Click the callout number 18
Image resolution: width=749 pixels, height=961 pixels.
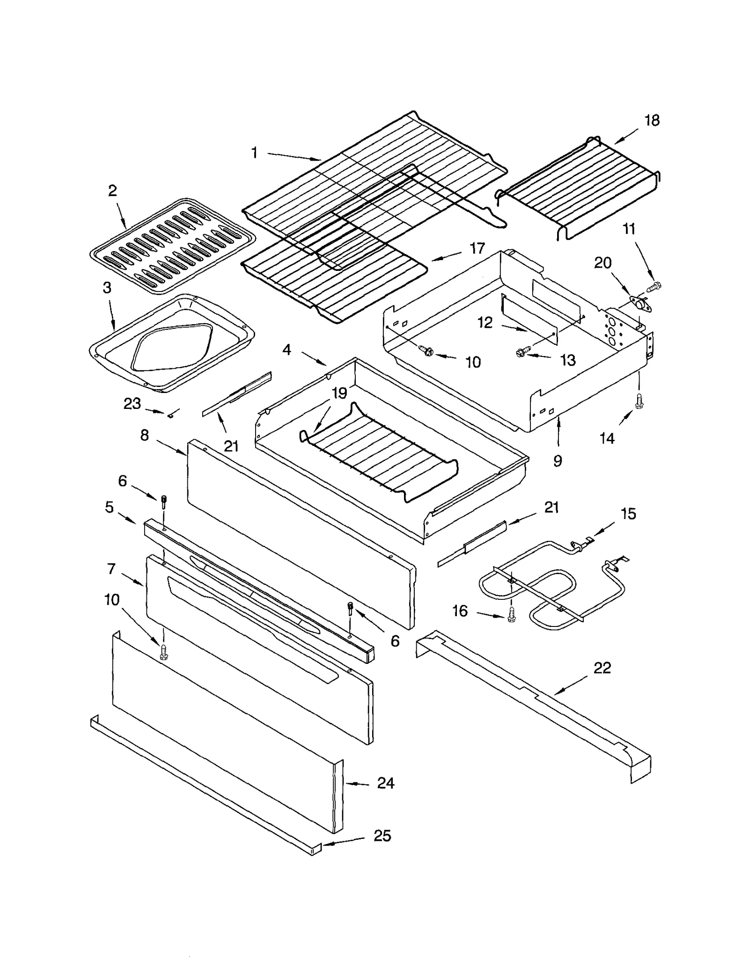click(652, 121)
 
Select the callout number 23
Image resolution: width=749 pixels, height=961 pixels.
click(132, 403)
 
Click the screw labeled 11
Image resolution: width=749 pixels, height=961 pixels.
click(654, 285)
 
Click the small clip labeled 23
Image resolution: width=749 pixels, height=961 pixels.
click(171, 414)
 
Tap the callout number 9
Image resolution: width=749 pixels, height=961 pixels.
click(558, 461)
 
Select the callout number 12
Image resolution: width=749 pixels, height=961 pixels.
click(485, 323)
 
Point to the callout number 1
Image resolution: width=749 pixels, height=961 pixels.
click(254, 153)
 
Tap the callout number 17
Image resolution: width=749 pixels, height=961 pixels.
click(477, 248)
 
